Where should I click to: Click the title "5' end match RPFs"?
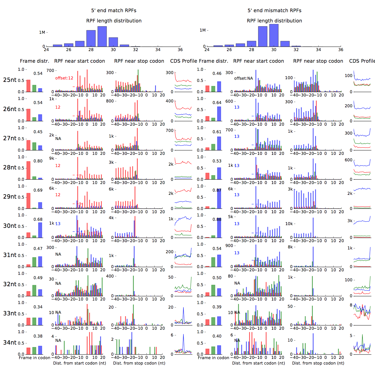tap(113, 11)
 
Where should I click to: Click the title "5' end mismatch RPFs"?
tap(274, 11)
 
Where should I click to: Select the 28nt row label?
tap(10, 168)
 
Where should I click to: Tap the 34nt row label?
tap(10, 343)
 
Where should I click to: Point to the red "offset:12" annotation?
tap(64, 78)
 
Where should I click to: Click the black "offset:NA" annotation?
tap(243, 78)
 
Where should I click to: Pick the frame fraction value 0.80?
tap(38, 161)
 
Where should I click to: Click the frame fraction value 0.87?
tap(217, 190)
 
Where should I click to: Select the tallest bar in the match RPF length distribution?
tap(102, 36)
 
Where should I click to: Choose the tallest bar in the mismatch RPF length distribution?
tap(274, 35)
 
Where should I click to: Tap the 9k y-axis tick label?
tap(51, 158)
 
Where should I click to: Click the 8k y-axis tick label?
tap(290, 247)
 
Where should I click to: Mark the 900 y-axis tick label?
tap(229, 246)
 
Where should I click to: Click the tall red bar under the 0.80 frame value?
tap(28, 170)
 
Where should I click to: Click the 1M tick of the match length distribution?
tap(42, 32)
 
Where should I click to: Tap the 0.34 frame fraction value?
tap(38, 307)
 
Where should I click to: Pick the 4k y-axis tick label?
tap(111, 218)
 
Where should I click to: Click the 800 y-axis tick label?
tap(110, 101)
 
